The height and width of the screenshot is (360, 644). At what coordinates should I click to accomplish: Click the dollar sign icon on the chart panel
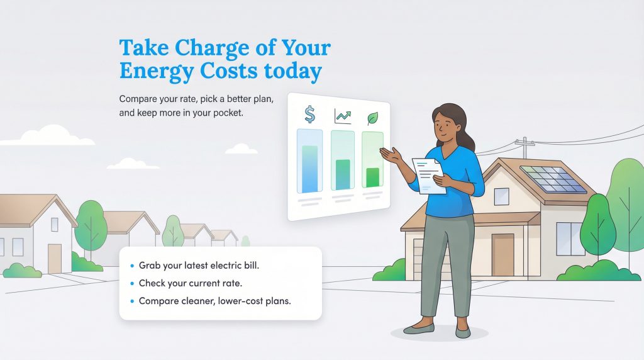coord(309,114)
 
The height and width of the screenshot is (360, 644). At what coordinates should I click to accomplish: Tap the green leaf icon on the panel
coord(372,118)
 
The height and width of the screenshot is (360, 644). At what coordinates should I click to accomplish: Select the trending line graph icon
coord(343,116)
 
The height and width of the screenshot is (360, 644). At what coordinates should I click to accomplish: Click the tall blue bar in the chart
coord(309,169)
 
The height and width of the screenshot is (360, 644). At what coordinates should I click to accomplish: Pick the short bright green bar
coord(372,177)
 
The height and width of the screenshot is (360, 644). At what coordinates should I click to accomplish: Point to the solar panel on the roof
coord(553,179)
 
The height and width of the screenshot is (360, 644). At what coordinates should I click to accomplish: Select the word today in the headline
coord(292,71)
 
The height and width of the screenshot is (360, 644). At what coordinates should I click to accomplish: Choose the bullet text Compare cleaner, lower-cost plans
coord(214,301)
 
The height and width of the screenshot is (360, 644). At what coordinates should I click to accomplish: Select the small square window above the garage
coord(501,196)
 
